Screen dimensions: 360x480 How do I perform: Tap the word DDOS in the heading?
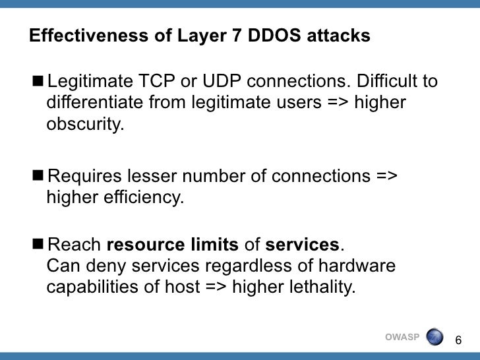[x=270, y=36]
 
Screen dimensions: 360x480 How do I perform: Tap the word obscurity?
[x=85, y=125]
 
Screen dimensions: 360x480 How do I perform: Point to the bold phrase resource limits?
[x=172, y=245]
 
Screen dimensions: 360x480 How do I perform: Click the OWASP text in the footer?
[x=401, y=338]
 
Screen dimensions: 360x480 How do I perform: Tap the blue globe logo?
[x=435, y=338]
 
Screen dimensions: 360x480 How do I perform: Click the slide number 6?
[x=459, y=339]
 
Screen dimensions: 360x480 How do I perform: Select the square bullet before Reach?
[x=40, y=245]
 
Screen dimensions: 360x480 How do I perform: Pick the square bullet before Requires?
[x=40, y=176]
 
